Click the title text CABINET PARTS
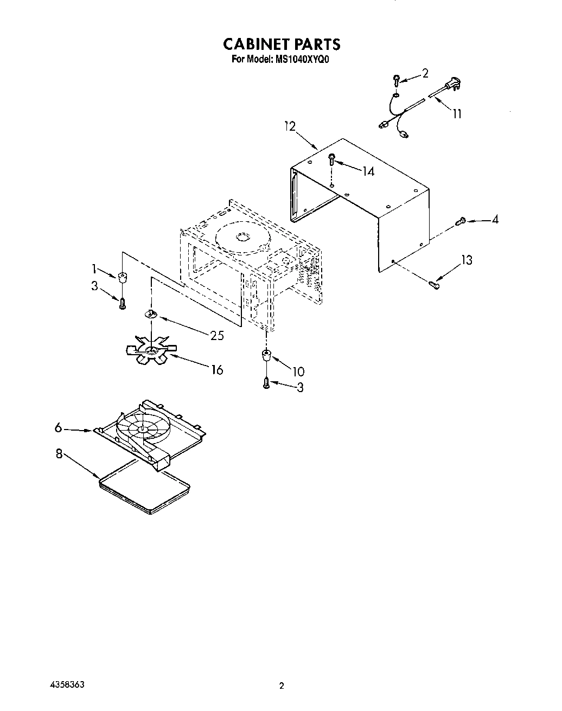coord(282,44)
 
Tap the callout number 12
coord(290,126)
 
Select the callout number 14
coord(368,171)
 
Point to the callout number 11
coord(457,113)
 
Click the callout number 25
coord(217,336)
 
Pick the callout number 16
coord(217,370)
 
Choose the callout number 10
coord(298,371)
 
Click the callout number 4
coord(495,220)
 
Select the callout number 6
coord(59,428)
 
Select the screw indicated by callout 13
coord(434,283)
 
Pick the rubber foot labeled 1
coord(123,278)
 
